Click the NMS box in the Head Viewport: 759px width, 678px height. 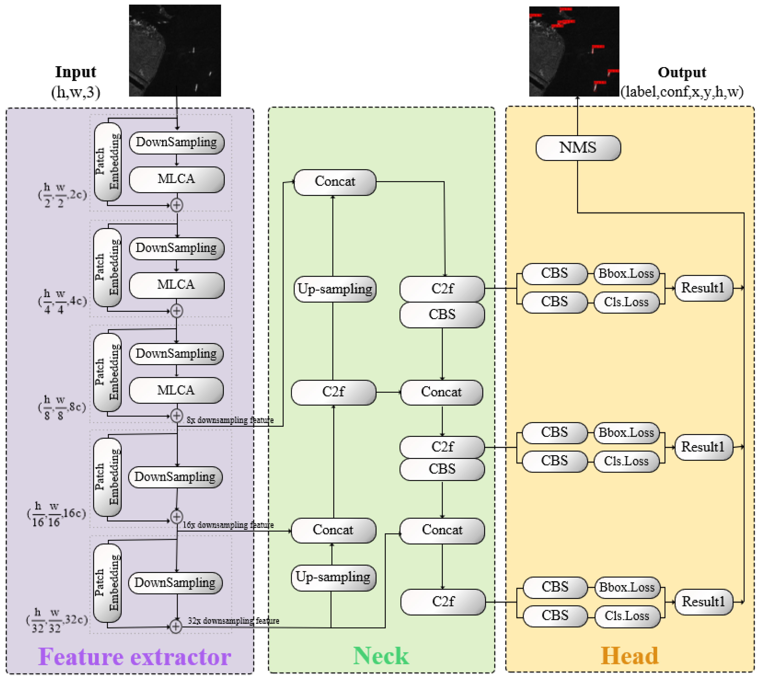(578, 148)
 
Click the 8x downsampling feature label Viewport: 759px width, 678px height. (230, 420)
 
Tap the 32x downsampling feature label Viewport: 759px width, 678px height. (233, 621)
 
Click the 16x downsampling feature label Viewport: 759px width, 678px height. (228, 525)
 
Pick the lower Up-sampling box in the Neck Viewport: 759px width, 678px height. (333, 578)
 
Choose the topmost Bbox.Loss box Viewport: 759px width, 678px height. (626, 274)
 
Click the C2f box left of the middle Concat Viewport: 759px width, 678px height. (333, 392)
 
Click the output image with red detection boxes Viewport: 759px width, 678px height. (574, 51)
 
